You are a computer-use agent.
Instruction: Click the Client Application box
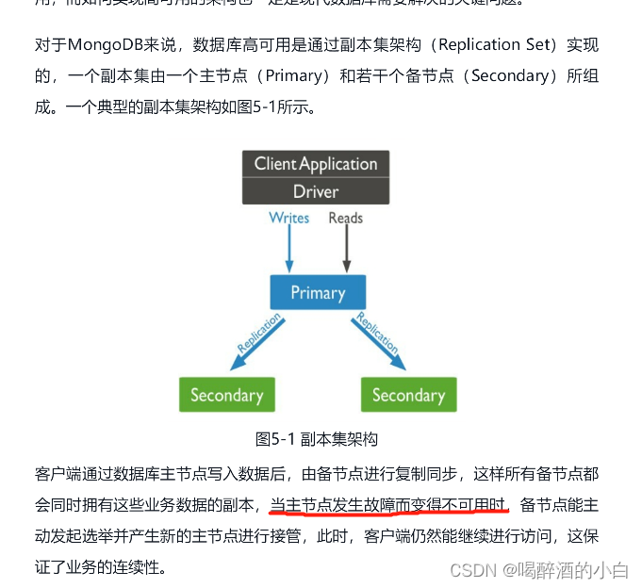316,164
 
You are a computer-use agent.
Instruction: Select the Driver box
316,191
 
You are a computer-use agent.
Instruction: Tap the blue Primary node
318,292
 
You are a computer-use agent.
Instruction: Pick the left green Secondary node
227,395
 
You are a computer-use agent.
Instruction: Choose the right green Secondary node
408,395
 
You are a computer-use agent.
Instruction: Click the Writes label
288,218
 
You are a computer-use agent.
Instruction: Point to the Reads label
345,218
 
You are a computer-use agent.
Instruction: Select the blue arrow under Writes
288,249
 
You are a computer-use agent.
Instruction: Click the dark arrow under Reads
346,249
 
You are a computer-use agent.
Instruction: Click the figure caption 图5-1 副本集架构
317,438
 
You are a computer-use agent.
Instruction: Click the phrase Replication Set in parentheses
484,44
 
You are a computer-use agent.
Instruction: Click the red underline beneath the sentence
388,514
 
